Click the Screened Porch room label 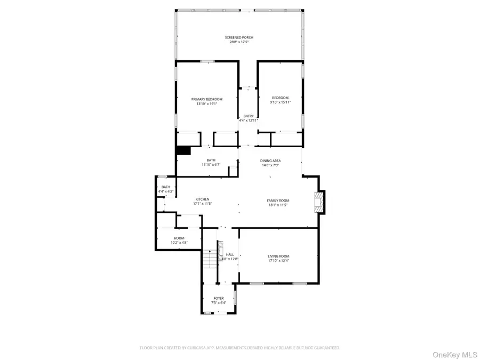click(238, 37)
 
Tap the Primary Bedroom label click(207, 99)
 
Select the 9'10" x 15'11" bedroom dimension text click(280, 102)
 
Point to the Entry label click(249, 116)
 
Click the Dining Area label click(270, 161)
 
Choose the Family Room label click(277, 200)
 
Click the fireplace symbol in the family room click(319, 202)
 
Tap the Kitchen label click(202, 199)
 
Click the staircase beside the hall click(210, 260)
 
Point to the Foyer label click(219, 298)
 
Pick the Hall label click(230, 254)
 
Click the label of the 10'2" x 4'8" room click(179, 238)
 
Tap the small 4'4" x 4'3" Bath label click(166, 187)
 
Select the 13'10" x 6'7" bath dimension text click(212, 165)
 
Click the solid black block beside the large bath click(183, 151)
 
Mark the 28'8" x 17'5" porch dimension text click(238, 42)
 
